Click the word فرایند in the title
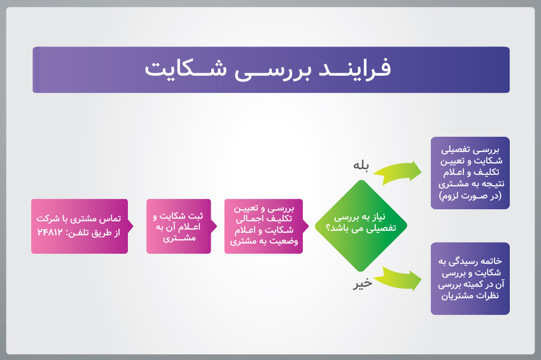[x=355, y=68]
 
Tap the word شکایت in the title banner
[x=186, y=68]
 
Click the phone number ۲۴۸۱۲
[x=50, y=232]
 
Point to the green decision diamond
[x=361, y=226]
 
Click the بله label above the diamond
[x=361, y=165]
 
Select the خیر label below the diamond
[x=362, y=284]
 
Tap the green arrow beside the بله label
[x=397, y=172]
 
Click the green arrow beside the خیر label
[x=397, y=279]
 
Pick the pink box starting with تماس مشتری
[x=82, y=226]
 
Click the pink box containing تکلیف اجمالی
[x=266, y=226]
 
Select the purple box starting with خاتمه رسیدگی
[x=470, y=279]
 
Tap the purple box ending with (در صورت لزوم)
[x=470, y=173]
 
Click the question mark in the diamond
[x=328, y=228]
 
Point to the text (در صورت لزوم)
[x=470, y=196]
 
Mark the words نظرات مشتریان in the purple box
[x=470, y=296]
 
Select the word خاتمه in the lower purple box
[x=490, y=261]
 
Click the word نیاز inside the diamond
[x=378, y=216]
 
